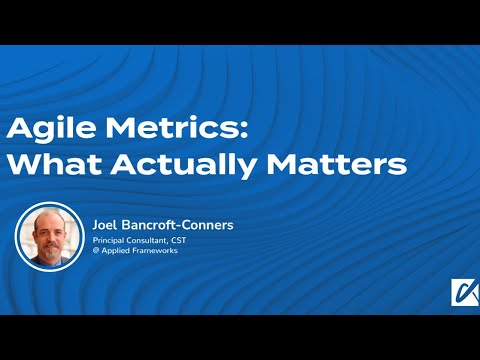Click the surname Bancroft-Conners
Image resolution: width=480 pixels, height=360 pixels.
point(179,225)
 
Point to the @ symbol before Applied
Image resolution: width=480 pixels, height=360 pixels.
point(96,253)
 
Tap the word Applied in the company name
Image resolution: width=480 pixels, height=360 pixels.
point(118,253)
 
